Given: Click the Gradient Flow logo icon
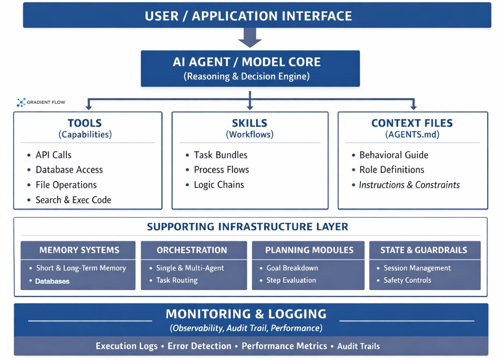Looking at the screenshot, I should coord(21,102).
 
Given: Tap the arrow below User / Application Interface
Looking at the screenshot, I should coord(250,38).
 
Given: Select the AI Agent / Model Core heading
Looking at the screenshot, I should coord(246,62).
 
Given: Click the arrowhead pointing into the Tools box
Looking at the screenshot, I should coord(89,106).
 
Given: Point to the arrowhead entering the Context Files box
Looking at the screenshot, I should coord(413,106).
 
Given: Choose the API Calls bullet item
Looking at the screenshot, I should coord(53,155).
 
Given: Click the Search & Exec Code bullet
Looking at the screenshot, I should coord(73,200).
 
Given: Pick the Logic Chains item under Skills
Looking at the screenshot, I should coord(219,185).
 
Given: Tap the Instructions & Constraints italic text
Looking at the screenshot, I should coord(409,185).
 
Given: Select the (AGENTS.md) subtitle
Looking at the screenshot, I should coord(412,135).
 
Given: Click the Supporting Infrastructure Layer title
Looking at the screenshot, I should coord(248,227).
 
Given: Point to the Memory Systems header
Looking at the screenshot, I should coord(79,250).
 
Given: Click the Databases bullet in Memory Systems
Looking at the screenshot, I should coord(52,281).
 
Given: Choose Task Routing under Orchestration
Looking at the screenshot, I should coord(176,280).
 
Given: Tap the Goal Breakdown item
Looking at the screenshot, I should coord(292,268).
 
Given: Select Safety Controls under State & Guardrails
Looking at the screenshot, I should coord(407,280).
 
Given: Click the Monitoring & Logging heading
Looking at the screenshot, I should coord(246,314).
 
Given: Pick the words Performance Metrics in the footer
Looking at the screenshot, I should coord(284,346).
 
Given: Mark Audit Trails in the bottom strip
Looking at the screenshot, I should coord(358,346).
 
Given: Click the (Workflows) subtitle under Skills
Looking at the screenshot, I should coord(249,135).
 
